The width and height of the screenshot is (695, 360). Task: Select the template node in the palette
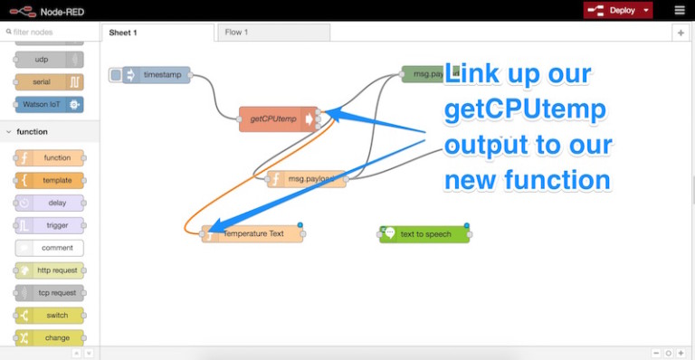pyautogui.click(x=51, y=180)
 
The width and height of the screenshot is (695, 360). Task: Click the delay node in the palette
pyautogui.click(x=51, y=203)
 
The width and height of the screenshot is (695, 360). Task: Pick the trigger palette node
pyautogui.click(x=51, y=225)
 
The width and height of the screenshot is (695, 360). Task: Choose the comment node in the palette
pyautogui.click(x=51, y=248)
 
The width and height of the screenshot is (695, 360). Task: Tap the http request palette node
pyautogui.click(x=51, y=270)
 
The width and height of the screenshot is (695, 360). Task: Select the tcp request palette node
pyautogui.click(x=51, y=293)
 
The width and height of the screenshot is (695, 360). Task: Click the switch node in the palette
pyautogui.click(x=51, y=316)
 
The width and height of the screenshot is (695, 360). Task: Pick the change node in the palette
pyautogui.click(x=51, y=338)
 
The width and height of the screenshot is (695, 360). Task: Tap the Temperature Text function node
pyautogui.click(x=253, y=234)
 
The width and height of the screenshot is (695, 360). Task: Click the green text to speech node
pyautogui.click(x=424, y=234)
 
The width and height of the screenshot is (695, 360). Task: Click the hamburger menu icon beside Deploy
pyautogui.click(x=680, y=10)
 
